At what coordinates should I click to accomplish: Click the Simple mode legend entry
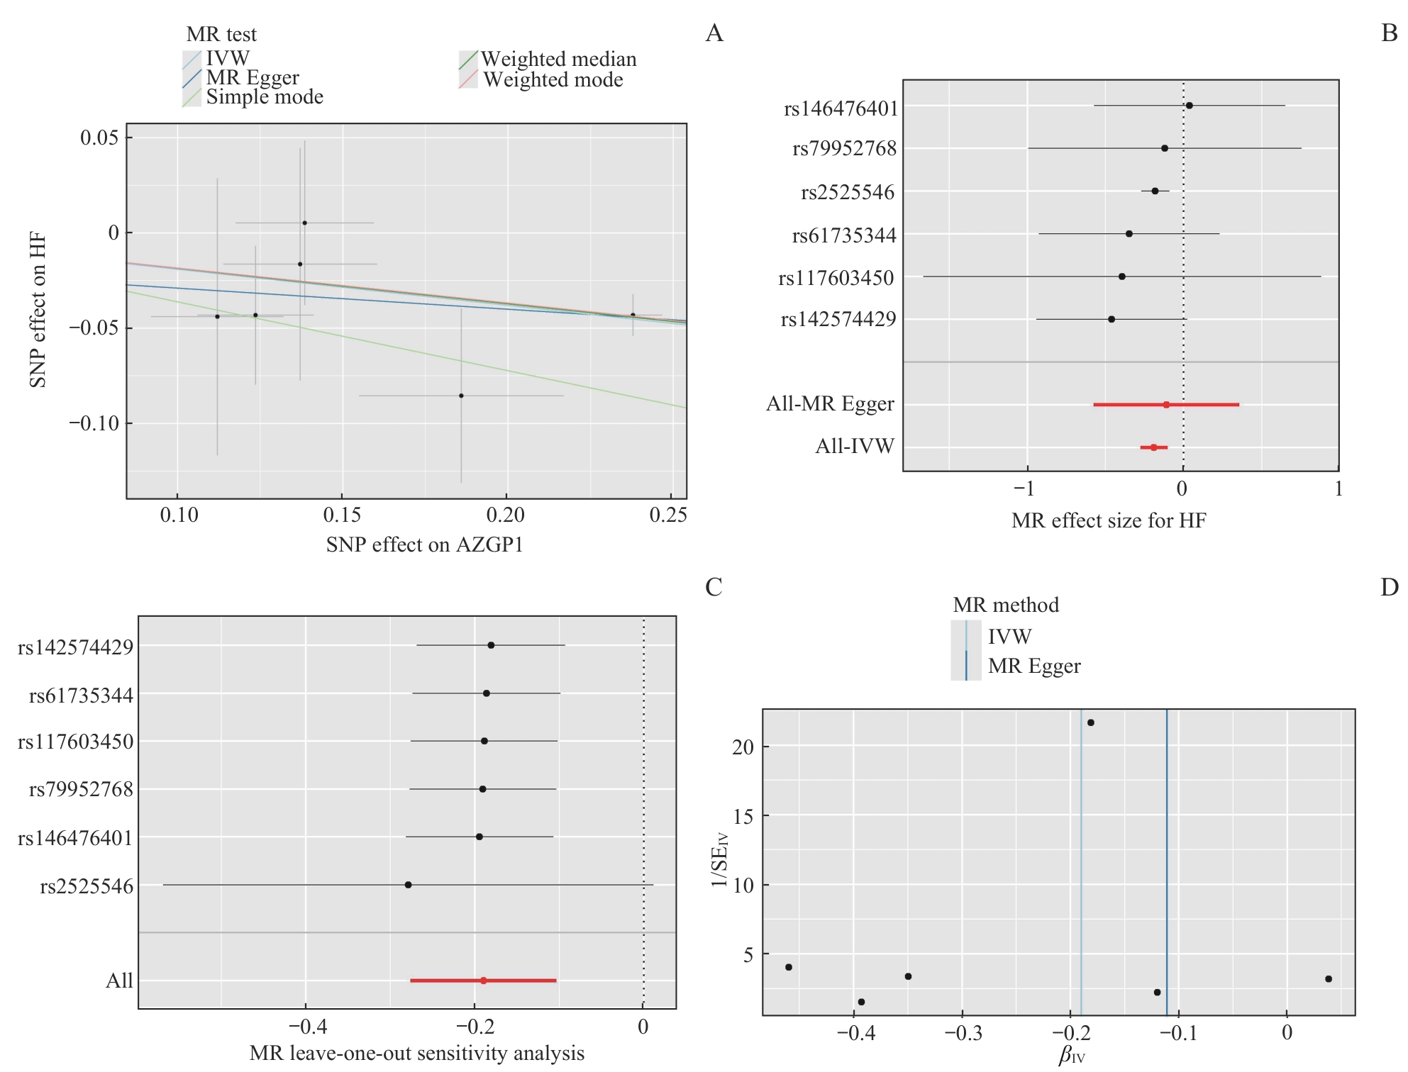(x=264, y=97)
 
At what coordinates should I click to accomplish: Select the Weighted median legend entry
(x=558, y=59)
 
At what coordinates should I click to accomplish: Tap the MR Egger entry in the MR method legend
(x=1033, y=666)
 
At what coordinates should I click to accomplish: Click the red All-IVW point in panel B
(x=1154, y=447)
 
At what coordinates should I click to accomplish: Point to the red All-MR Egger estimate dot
(x=1166, y=405)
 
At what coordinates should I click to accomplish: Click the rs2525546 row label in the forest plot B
(x=848, y=192)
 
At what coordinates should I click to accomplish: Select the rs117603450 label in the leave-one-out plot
(x=75, y=742)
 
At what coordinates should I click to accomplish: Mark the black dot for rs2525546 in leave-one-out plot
(x=408, y=885)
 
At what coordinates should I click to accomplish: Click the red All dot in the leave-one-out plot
(x=484, y=981)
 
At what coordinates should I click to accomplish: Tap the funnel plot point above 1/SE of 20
(x=1091, y=722)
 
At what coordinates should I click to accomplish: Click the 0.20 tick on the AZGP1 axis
(x=506, y=515)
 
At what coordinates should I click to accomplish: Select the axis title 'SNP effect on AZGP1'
(x=424, y=545)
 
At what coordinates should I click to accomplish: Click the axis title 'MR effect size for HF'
(x=1109, y=521)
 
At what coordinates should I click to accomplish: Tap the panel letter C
(x=714, y=587)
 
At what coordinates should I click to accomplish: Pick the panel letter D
(x=1389, y=587)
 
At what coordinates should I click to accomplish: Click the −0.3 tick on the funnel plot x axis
(x=963, y=1032)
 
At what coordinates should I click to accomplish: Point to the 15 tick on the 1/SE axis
(x=743, y=817)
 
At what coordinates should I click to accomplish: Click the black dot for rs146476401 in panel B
(x=1190, y=106)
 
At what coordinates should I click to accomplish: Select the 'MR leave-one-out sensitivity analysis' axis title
(x=417, y=1054)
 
